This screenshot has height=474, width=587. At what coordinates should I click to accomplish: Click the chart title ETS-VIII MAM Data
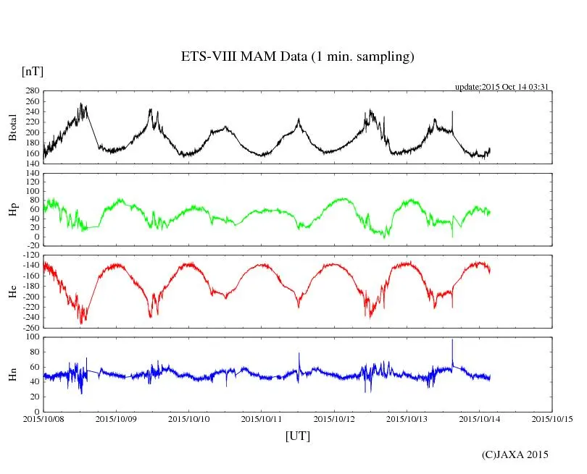tap(297, 57)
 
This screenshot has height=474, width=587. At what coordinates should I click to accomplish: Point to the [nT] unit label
tap(32, 72)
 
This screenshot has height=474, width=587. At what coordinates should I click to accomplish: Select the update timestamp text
tap(501, 87)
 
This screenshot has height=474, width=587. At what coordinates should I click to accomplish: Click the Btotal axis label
tap(12, 127)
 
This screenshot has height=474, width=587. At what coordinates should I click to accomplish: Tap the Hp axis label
tap(12, 211)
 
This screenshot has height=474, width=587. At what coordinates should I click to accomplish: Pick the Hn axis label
tap(12, 374)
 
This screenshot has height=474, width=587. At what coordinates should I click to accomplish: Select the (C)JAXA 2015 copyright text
tap(515, 454)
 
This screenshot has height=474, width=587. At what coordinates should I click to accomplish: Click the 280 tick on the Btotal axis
tap(32, 91)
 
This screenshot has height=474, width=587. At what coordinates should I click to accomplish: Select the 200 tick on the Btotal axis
tap(32, 132)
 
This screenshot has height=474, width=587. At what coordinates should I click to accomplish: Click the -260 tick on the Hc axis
tap(30, 328)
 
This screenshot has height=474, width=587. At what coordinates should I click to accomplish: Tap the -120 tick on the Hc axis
tap(30, 255)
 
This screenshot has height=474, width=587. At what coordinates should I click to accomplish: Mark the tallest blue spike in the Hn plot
tap(452, 340)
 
